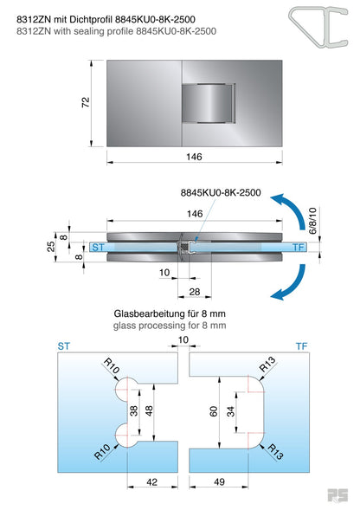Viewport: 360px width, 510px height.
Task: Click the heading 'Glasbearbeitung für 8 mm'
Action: (x=170, y=313)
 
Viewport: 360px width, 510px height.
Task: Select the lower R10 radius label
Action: (x=102, y=450)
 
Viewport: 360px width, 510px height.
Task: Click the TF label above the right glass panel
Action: (x=301, y=345)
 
